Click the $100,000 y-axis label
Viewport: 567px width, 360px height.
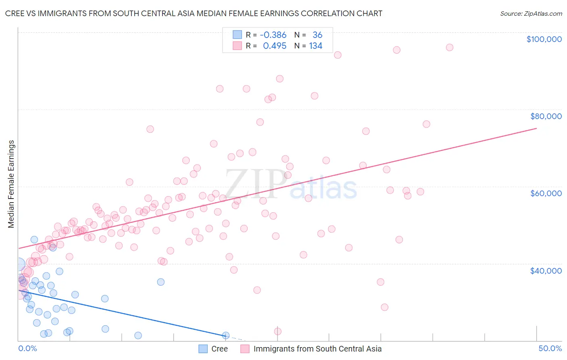pos(544,39)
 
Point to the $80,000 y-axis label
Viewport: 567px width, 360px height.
pos(546,116)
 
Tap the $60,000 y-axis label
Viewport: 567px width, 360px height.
pos(546,193)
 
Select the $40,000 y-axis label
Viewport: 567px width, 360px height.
pos(546,270)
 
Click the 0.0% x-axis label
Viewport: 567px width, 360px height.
pos(27,348)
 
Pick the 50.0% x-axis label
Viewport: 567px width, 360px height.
pos(550,348)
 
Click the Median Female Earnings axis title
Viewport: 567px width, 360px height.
pos(11,184)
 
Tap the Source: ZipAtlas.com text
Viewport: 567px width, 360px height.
pos(531,14)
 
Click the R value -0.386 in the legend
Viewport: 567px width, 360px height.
pos(273,35)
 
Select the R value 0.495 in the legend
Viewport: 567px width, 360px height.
pos(275,46)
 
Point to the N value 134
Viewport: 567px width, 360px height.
pos(316,46)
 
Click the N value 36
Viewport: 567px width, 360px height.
pos(317,35)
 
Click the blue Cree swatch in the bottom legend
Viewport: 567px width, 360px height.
pos(203,349)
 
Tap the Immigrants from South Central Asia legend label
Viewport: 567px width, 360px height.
pos(317,349)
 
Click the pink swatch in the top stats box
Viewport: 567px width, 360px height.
pos(237,46)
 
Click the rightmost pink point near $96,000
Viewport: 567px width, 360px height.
pos(449,47)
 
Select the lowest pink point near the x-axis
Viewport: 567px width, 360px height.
pos(277,331)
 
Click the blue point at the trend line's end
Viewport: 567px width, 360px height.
pos(226,335)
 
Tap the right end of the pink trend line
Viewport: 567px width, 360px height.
pos(536,128)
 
